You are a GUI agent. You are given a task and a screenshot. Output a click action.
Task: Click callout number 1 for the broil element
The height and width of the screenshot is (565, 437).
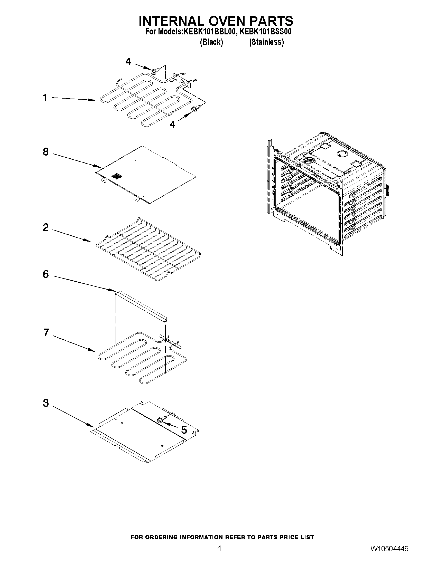click(45, 98)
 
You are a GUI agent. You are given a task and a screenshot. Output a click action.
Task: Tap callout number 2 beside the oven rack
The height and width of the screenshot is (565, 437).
click(45, 227)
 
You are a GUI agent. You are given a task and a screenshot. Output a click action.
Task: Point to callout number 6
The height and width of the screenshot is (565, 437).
click(45, 274)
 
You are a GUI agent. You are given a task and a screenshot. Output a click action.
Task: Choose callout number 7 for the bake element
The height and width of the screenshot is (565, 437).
click(46, 332)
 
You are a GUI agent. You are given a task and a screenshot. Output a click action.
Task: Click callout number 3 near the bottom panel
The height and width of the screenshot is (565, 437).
click(45, 403)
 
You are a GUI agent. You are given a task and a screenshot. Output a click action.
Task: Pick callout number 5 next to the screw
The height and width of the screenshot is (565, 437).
click(184, 430)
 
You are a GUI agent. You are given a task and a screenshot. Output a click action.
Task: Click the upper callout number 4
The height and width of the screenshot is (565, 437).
click(128, 62)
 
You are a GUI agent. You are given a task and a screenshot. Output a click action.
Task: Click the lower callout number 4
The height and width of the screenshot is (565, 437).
click(172, 125)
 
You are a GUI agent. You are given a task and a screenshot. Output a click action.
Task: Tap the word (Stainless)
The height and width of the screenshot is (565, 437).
click(266, 42)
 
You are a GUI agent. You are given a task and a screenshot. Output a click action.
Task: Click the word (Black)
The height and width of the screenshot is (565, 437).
click(211, 42)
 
